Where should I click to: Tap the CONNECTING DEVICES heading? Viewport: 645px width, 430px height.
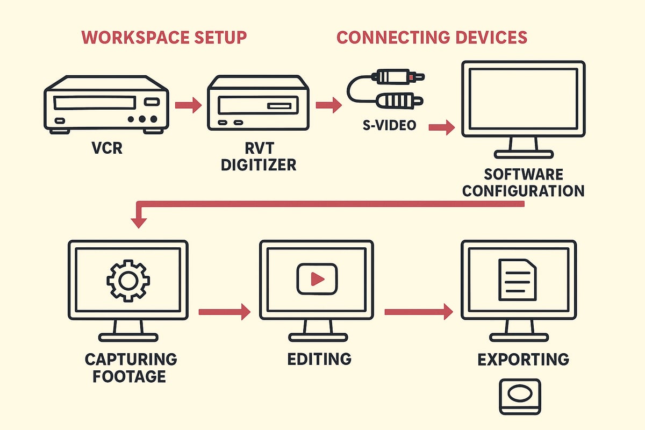click(432, 38)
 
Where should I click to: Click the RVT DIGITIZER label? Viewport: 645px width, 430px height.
click(258, 155)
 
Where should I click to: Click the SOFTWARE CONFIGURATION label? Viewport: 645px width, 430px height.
click(523, 182)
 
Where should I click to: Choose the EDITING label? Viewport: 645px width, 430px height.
click(319, 359)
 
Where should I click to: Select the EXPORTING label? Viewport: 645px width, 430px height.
click(523, 359)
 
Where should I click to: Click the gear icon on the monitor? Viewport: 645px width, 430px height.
click(128, 279)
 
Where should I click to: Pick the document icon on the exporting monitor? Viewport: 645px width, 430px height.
click(518, 279)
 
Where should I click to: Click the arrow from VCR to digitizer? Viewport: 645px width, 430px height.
click(189, 105)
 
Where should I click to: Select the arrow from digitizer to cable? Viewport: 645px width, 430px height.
click(328, 105)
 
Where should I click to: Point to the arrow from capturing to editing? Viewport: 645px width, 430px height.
click(225, 312)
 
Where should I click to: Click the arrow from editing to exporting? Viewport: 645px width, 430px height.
click(419, 312)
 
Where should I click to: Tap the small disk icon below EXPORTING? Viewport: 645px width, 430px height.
click(520, 397)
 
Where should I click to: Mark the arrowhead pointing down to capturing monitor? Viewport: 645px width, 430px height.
click(139, 220)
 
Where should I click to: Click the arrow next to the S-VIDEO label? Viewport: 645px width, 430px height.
click(442, 128)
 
